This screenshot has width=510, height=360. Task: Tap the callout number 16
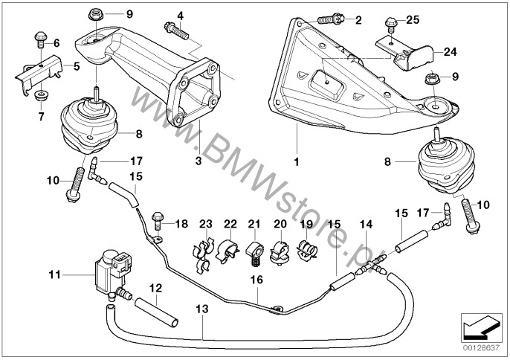pos(258,280)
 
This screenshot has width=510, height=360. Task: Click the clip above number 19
pos(306,250)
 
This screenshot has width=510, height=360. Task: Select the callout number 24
pos(451,52)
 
